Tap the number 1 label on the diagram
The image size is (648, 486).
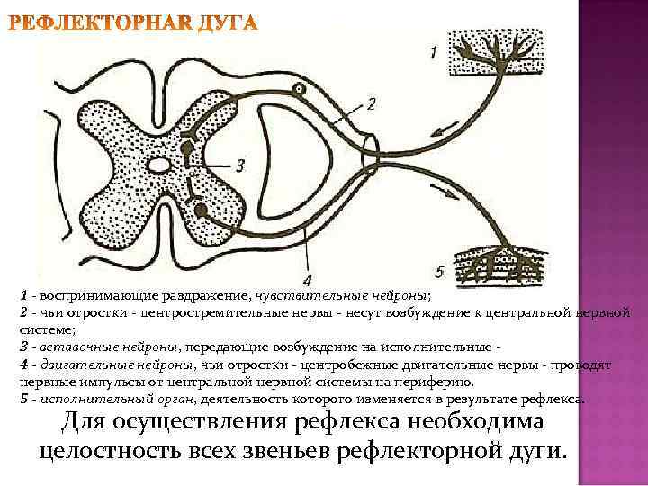coord(433,53)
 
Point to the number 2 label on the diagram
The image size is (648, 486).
coord(371,104)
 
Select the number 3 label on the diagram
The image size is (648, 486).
coord(238,165)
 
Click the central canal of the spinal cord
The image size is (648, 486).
coord(160,166)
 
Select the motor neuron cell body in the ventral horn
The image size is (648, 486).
coord(200,212)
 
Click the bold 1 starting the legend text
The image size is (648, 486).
coord(25,294)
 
